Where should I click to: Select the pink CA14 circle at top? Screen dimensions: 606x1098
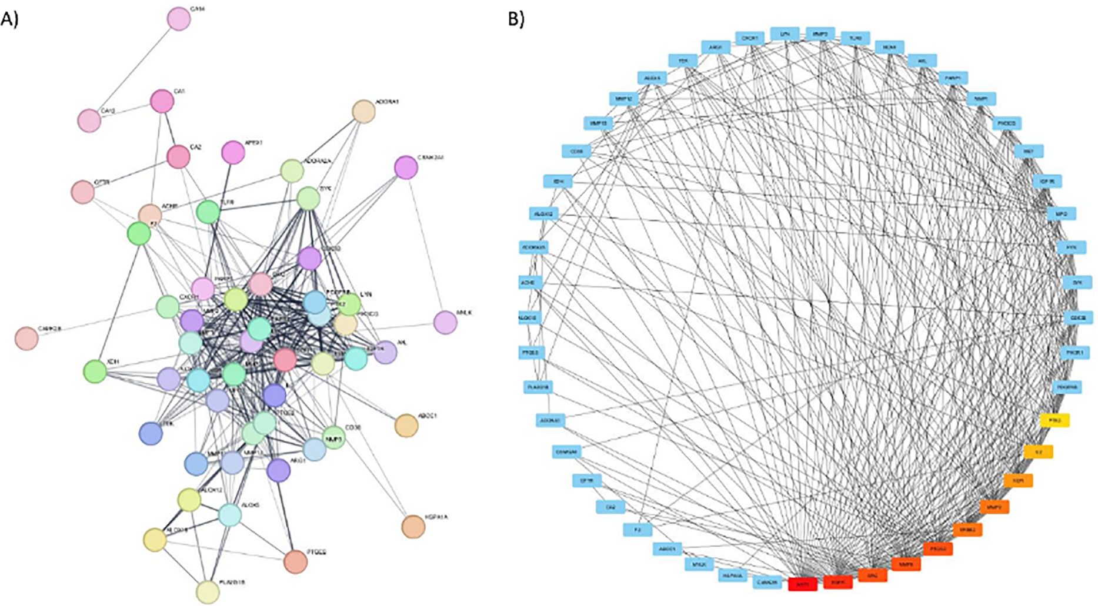179,19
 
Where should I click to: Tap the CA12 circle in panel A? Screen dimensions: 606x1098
89,120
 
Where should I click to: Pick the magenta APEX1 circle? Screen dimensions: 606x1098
233,153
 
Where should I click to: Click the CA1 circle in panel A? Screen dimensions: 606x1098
162,102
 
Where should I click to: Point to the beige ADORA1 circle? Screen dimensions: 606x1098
363,112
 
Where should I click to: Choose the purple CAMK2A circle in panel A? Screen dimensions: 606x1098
406,168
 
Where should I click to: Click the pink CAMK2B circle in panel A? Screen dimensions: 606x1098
26,339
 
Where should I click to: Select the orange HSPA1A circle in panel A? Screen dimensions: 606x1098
413,527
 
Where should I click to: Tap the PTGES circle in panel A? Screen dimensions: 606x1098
295,562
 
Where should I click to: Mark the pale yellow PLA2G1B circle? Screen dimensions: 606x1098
207,592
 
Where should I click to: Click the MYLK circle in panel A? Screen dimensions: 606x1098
445,322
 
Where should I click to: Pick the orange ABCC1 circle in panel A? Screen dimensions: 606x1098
406,426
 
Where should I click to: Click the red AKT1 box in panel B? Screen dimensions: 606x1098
802,584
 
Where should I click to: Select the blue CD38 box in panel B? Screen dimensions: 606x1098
577,152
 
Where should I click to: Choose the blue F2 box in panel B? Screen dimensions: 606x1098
638,530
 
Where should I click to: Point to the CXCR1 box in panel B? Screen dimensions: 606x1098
750,39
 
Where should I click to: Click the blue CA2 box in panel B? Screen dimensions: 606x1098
610,507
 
